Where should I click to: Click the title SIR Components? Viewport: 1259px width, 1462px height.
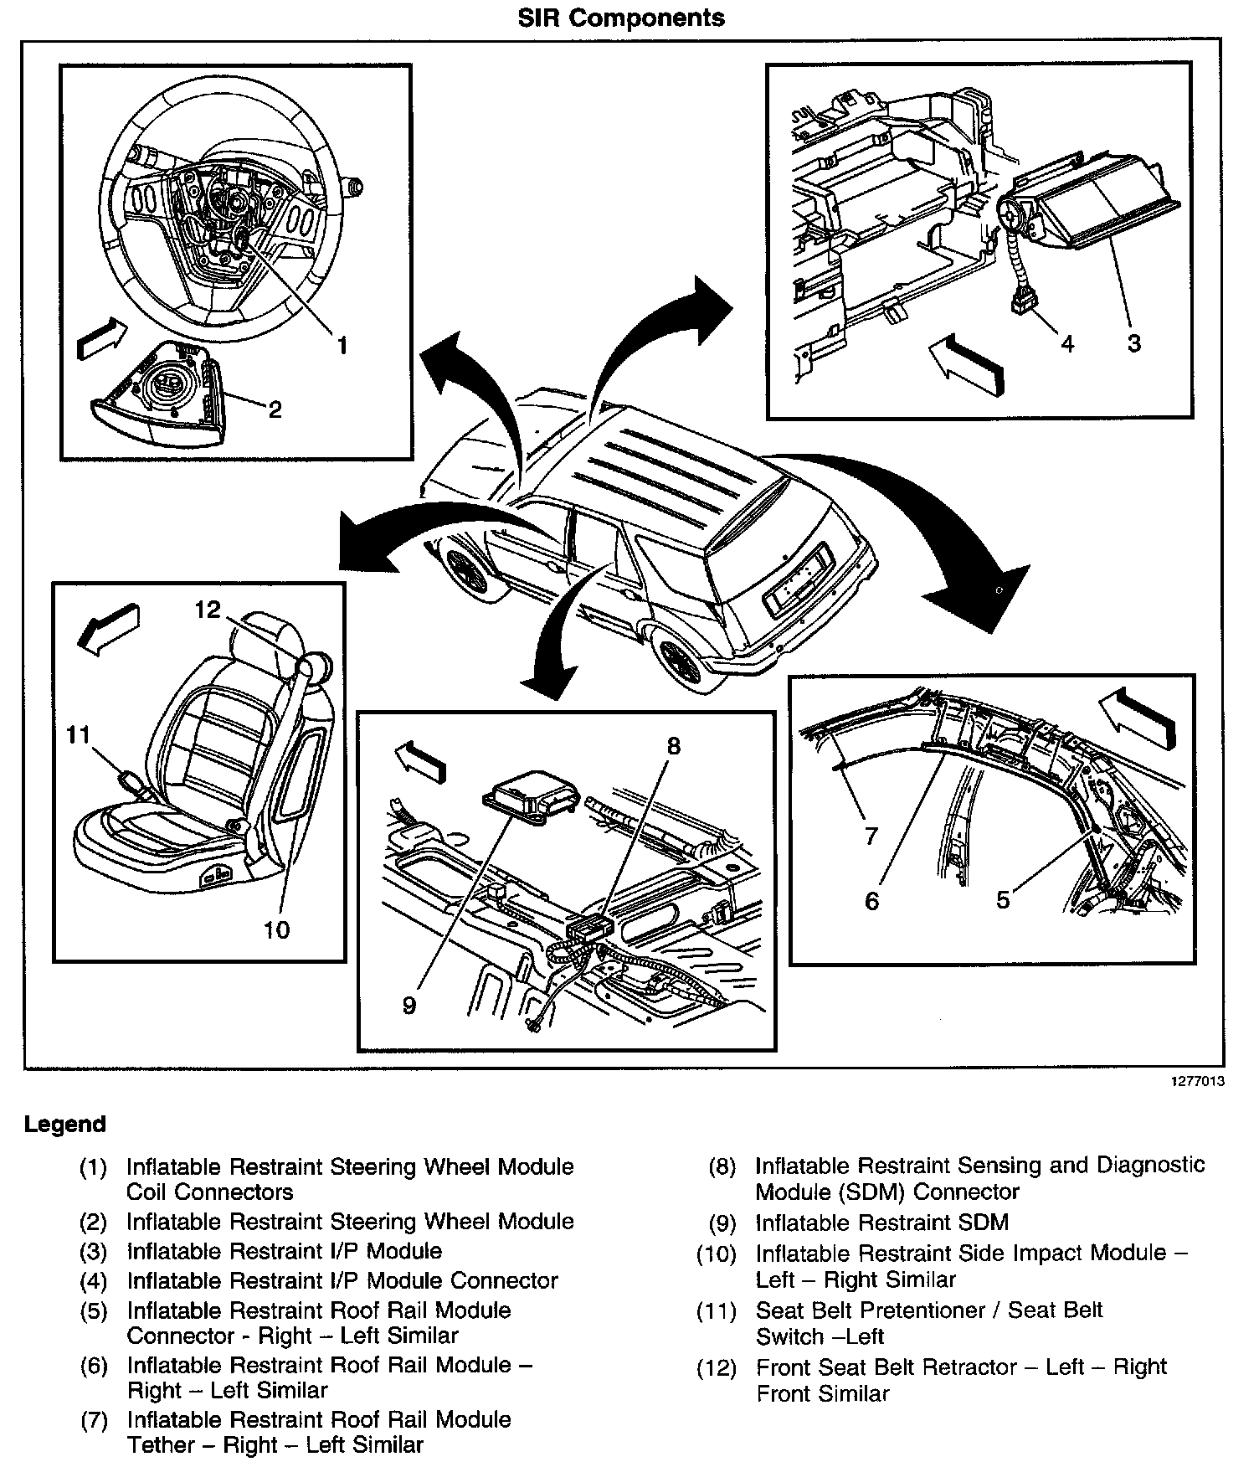pos(621,18)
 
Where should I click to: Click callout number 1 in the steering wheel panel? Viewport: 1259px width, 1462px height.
pos(342,344)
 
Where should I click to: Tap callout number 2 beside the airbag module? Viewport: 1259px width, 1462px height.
pos(275,409)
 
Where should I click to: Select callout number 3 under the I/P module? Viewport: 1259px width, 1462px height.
pos(1133,342)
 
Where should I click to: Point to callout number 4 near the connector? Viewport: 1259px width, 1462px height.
pos(1066,342)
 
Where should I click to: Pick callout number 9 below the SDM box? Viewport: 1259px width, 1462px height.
pos(409,1005)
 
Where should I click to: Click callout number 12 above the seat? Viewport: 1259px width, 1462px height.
pos(207,610)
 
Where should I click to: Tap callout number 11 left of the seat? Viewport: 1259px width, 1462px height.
pos(78,735)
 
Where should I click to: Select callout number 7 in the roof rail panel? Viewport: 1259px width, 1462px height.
pos(871,835)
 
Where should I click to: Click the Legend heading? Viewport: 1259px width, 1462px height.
pos(65,1124)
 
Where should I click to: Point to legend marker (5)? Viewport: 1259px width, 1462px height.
pos(94,1310)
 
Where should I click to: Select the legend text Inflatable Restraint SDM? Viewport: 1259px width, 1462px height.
pos(881,1223)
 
